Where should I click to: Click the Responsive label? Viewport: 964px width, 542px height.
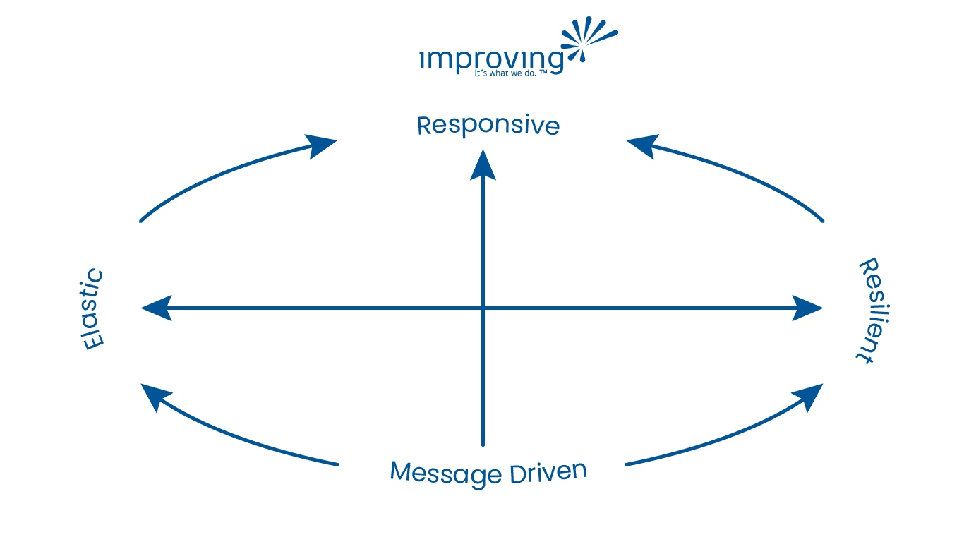[488, 126]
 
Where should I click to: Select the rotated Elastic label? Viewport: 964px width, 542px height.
[92, 310]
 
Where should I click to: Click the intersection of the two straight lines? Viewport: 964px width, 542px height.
[483, 308]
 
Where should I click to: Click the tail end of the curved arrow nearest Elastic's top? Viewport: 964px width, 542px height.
[142, 221]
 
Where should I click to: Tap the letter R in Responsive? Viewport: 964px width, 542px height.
[424, 126]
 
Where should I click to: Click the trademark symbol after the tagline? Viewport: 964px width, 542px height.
[543, 71]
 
